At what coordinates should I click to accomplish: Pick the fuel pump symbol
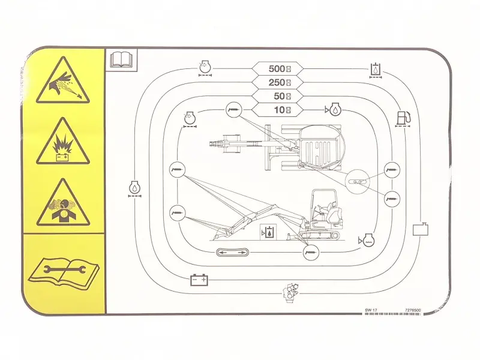[x=403, y=119]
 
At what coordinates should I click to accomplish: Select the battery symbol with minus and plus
[x=199, y=280]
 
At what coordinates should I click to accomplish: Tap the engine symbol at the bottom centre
[x=289, y=295]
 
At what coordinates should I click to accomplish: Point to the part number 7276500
[x=413, y=310]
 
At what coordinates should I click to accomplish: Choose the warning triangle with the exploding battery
[x=62, y=143]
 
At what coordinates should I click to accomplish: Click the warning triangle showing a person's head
[x=62, y=204]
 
